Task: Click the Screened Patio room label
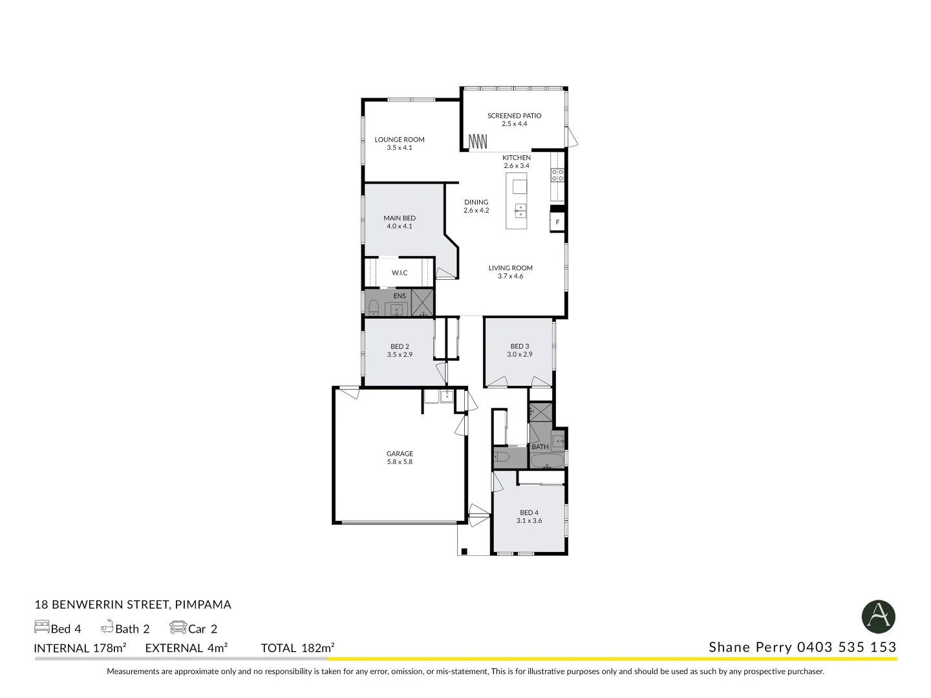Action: pyautogui.click(x=514, y=116)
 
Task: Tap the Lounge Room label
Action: pyautogui.click(x=400, y=140)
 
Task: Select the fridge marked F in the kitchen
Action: pyautogui.click(x=557, y=222)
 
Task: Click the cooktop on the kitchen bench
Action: pyautogui.click(x=557, y=174)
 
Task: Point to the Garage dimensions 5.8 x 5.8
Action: pyautogui.click(x=400, y=462)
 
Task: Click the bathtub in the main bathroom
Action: pyautogui.click(x=546, y=461)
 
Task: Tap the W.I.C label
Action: pyautogui.click(x=400, y=273)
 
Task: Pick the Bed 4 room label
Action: pyautogui.click(x=529, y=513)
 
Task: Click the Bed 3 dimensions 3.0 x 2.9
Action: pyautogui.click(x=519, y=354)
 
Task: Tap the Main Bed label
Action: pyautogui.click(x=400, y=218)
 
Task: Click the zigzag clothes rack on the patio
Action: pyautogui.click(x=477, y=140)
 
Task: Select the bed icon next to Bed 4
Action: pyautogui.click(x=41, y=628)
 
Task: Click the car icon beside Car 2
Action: pyautogui.click(x=177, y=628)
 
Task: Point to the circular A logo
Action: pyautogui.click(x=878, y=617)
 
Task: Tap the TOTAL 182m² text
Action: pyautogui.click(x=297, y=648)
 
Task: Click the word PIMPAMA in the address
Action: pyautogui.click(x=203, y=605)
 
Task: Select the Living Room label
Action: pyautogui.click(x=510, y=268)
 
